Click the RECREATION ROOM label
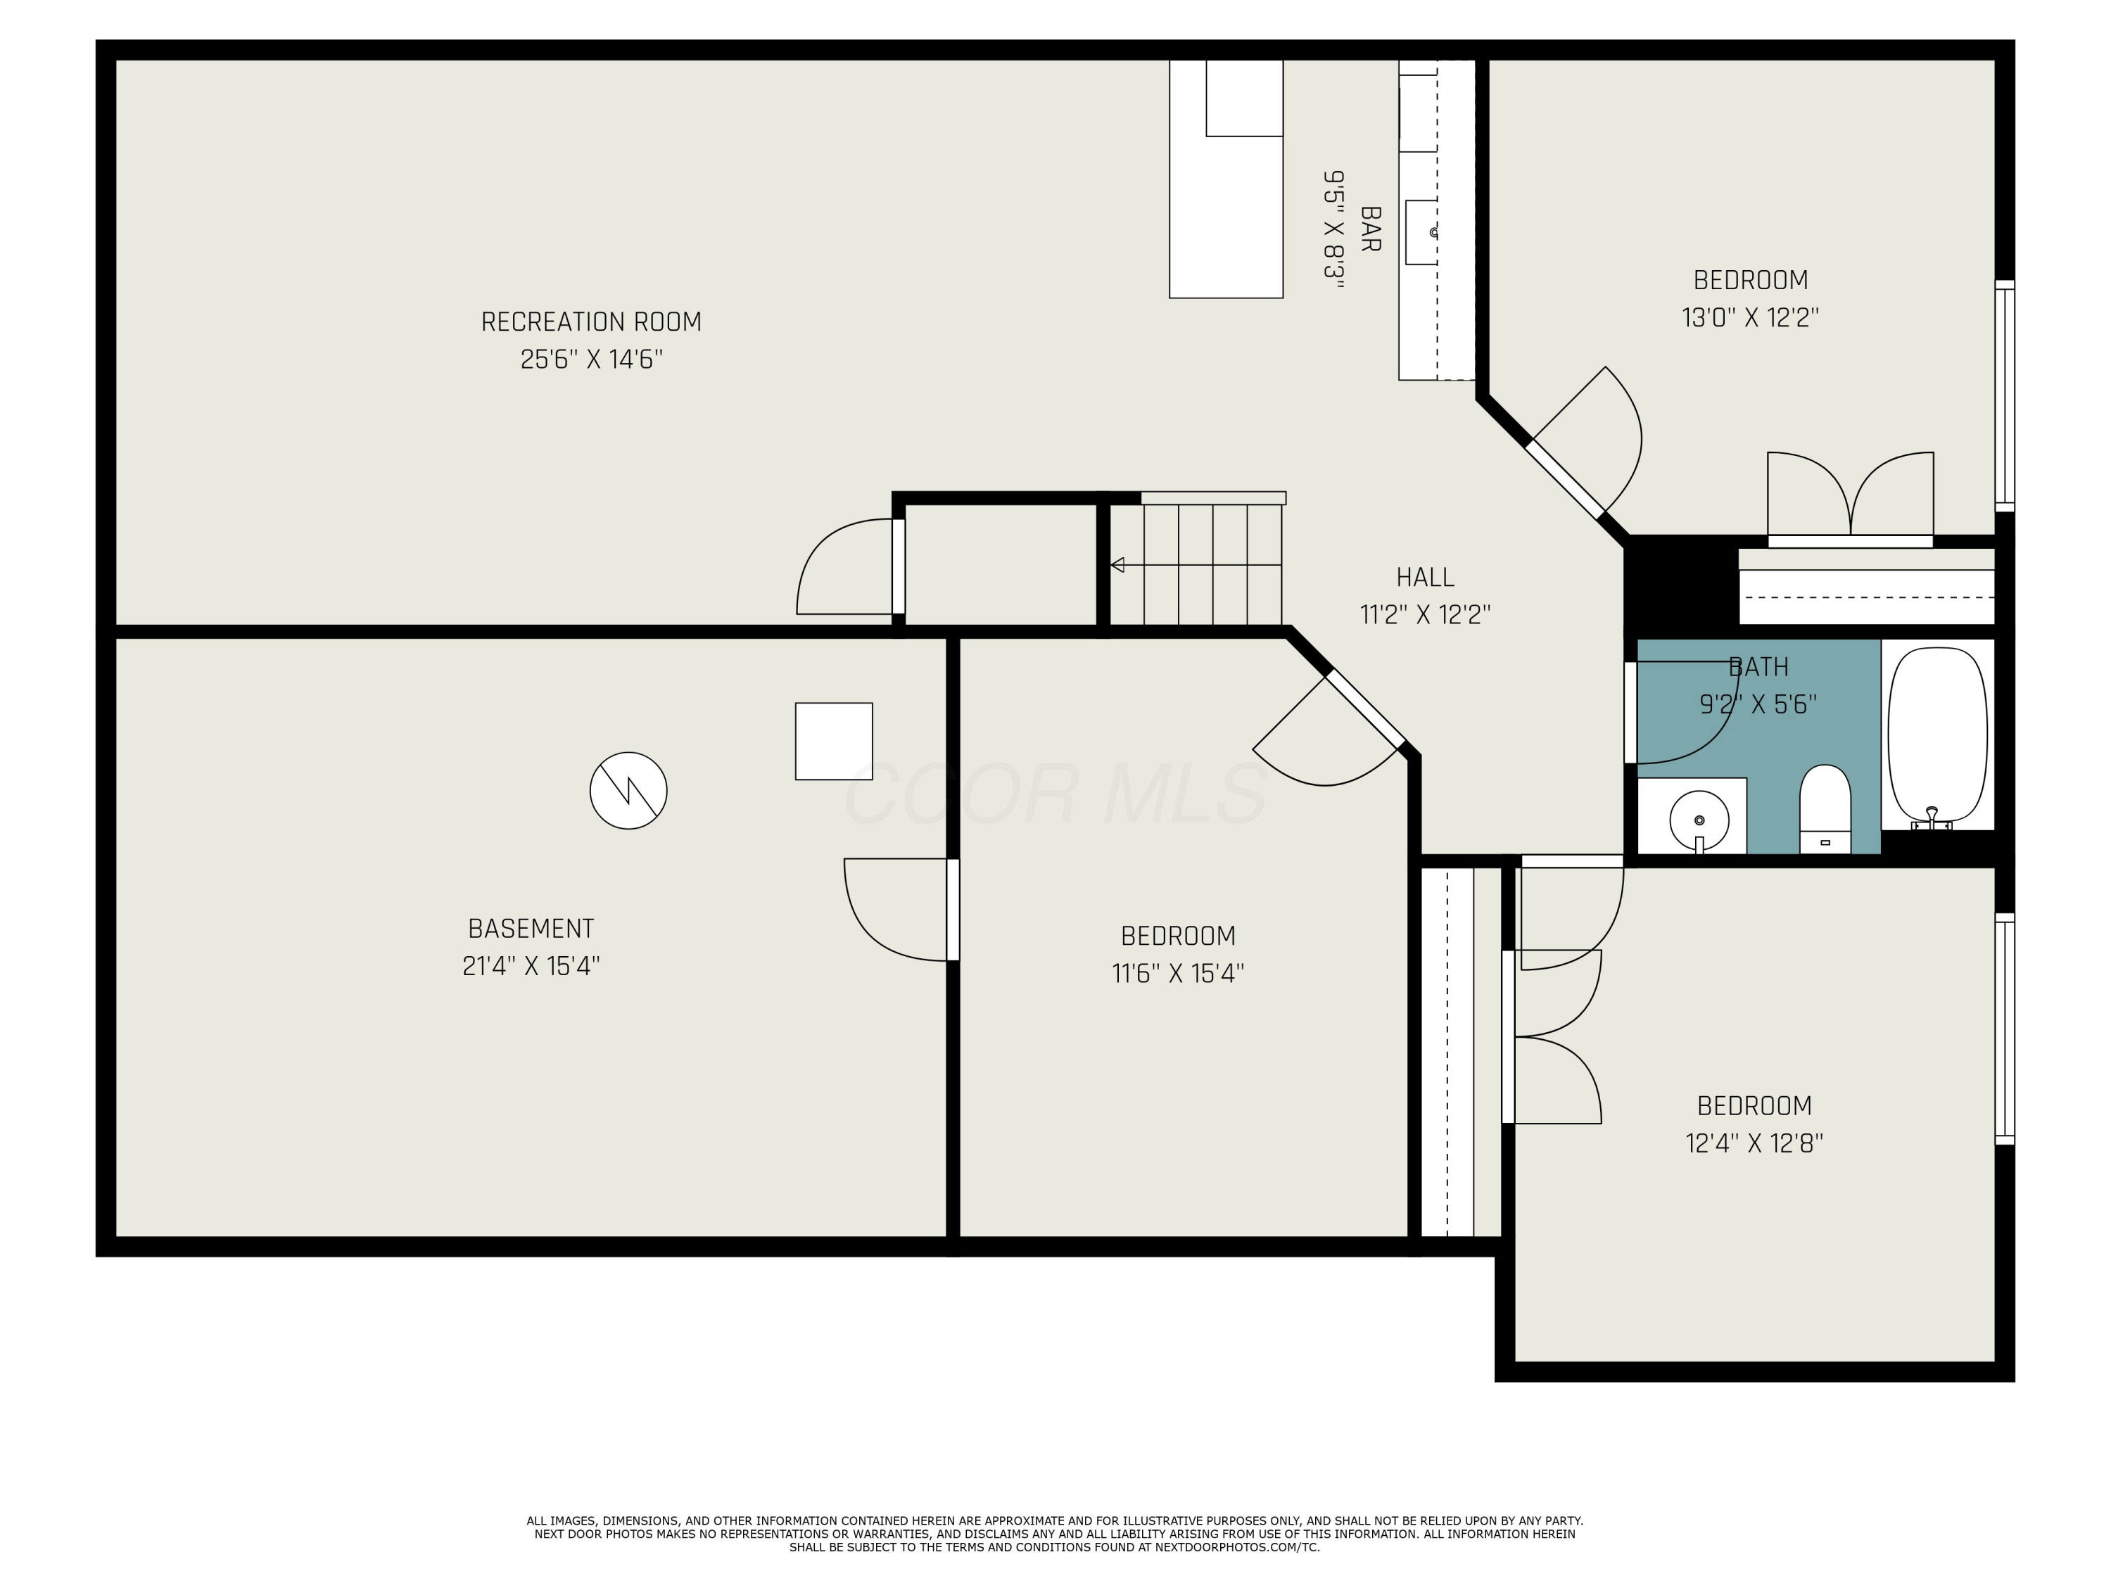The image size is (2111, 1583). [x=591, y=322]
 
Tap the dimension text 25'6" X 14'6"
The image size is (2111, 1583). [x=591, y=360]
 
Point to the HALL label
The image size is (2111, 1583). [x=1425, y=578]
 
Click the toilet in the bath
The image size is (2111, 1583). [x=1825, y=807]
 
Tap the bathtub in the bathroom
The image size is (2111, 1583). [x=1937, y=735]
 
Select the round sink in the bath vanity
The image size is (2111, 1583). [x=1699, y=820]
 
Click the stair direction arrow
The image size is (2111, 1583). [x=1117, y=565]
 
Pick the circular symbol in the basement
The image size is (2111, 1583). [x=628, y=790]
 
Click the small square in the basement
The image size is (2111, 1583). [x=833, y=742]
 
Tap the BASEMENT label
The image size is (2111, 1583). [x=531, y=929]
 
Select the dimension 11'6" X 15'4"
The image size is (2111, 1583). [x=1178, y=973]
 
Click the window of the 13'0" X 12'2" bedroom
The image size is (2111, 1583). [x=2004, y=396]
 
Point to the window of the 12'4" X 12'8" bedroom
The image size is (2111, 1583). [x=2004, y=1029]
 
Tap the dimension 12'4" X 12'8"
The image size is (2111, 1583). [x=1754, y=1143]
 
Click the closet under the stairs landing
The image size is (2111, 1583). [x=999, y=565]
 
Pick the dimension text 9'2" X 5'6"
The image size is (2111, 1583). [x=1758, y=704]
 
